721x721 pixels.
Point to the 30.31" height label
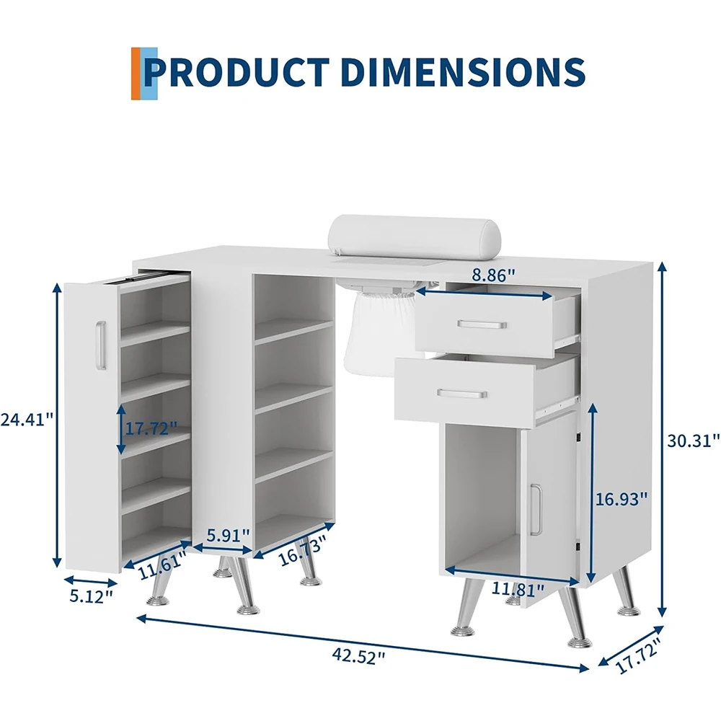coord(693,441)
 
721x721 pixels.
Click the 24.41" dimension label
coord(27,420)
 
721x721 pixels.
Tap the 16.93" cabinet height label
coord(622,498)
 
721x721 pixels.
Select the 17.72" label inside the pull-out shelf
coord(151,429)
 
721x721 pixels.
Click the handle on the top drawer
coord(482,324)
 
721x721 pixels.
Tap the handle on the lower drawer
coord(462,394)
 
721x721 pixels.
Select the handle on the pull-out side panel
coord(101,345)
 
